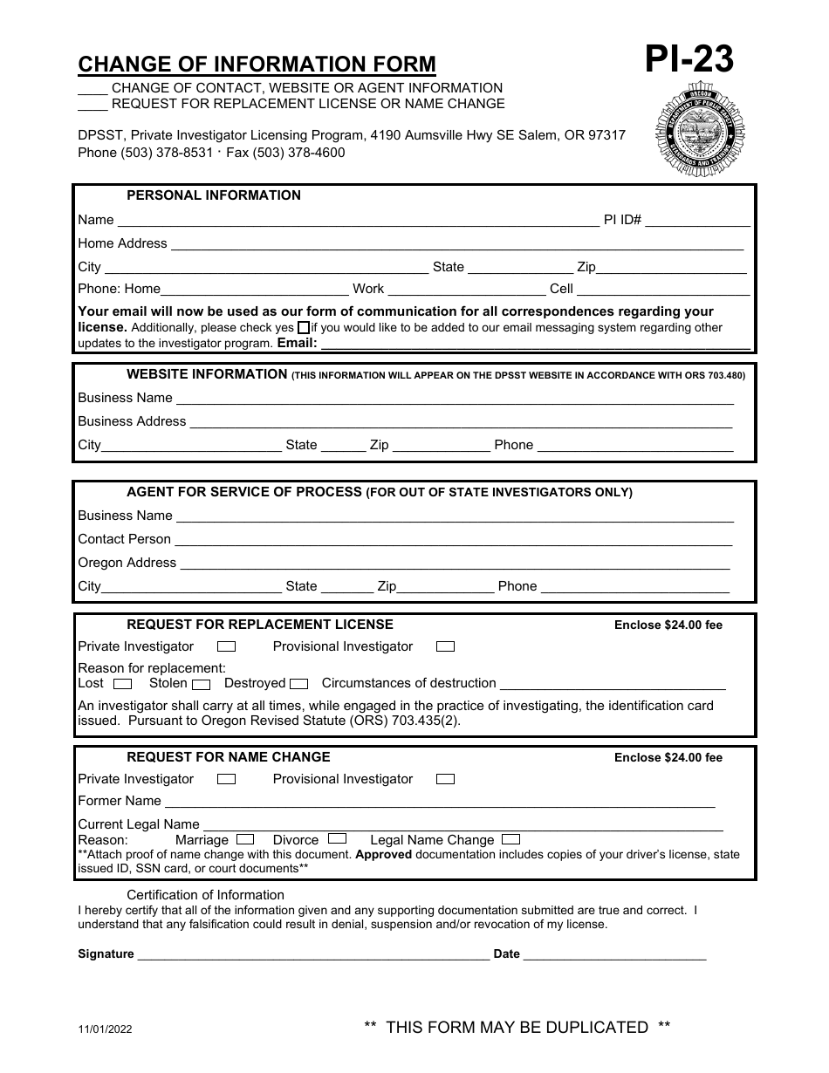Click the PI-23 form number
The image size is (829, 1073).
(x=689, y=60)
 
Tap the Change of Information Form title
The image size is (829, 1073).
(x=257, y=65)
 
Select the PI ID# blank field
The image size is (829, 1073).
(x=697, y=220)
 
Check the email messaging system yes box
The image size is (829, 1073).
(x=303, y=328)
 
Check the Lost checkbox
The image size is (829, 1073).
(x=123, y=684)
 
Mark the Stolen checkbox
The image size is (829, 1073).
(x=202, y=684)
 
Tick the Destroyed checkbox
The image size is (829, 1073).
(x=298, y=684)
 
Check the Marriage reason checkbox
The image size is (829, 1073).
(x=245, y=839)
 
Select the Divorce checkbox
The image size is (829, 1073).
(x=338, y=839)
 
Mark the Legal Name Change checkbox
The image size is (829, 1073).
(x=511, y=839)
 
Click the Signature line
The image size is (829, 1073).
(x=313, y=954)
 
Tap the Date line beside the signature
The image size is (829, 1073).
(x=614, y=954)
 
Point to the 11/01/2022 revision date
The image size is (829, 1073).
(x=105, y=1029)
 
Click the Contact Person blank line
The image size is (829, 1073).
(x=454, y=540)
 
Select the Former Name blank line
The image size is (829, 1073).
(x=440, y=802)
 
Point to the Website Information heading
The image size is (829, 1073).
(x=207, y=374)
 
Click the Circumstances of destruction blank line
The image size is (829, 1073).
(x=613, y=684)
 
